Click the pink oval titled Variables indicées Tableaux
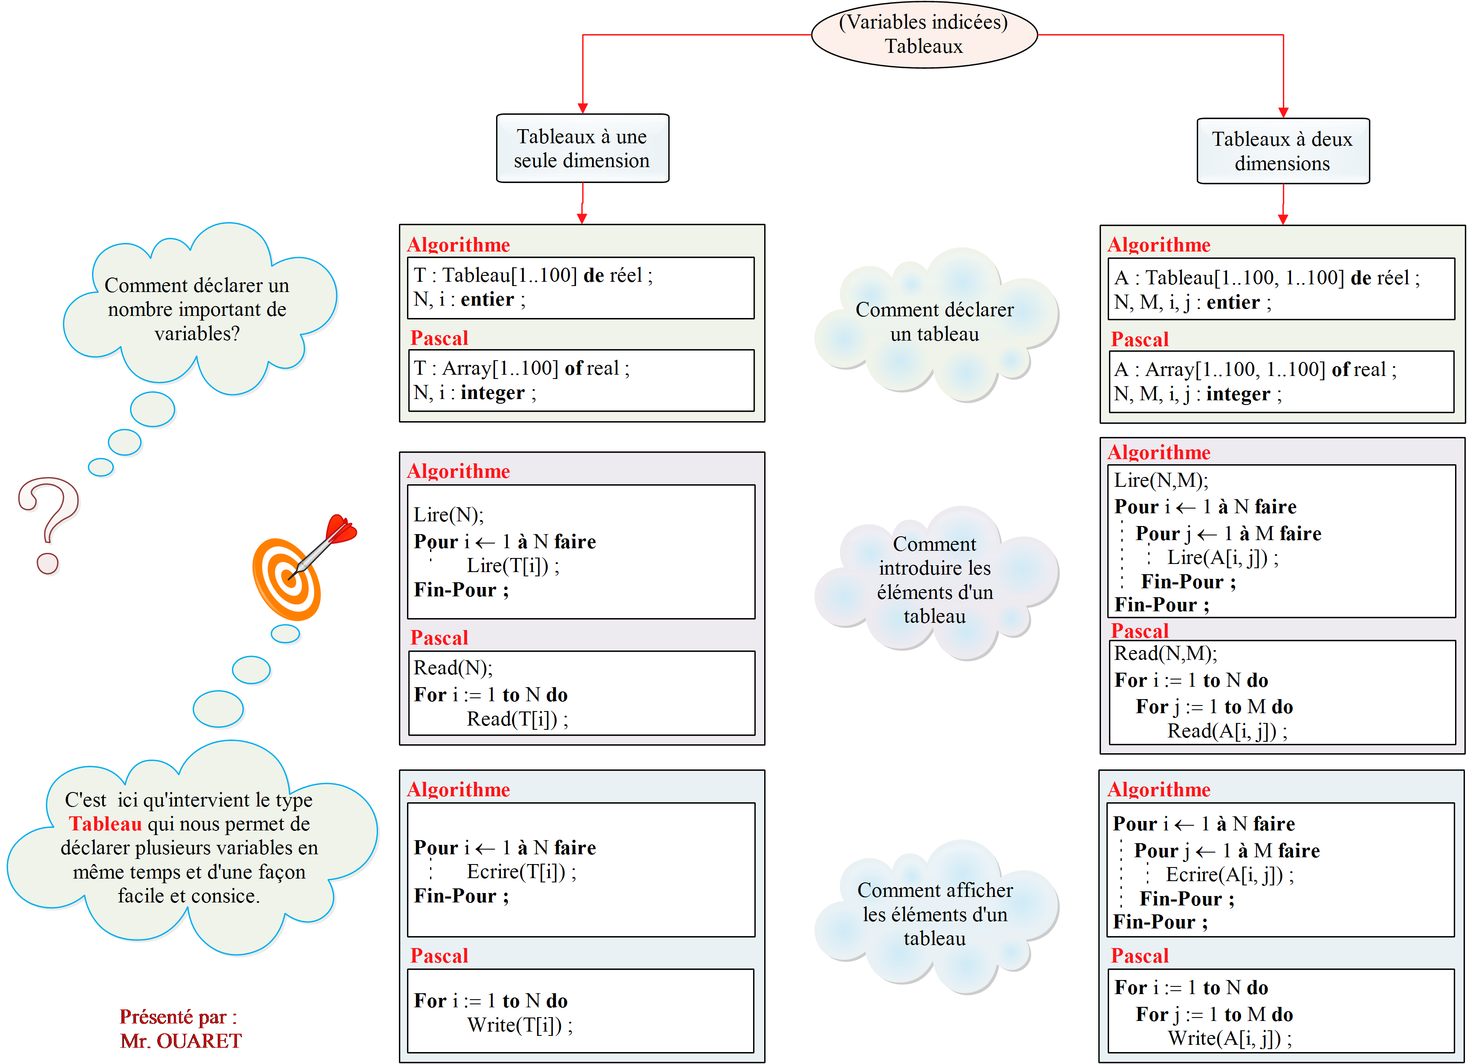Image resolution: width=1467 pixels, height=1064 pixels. [924, 34]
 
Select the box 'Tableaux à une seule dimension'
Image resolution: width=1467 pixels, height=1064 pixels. [582, 148]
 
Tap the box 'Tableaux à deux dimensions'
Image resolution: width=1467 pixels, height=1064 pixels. [1282, 151]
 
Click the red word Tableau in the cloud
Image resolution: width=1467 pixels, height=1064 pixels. [105, 824]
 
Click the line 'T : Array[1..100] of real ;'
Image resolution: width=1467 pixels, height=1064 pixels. [521, 368]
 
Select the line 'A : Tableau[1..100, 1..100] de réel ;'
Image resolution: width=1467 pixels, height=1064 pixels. [1267, 278]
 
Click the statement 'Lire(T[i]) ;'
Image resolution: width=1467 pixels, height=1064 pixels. [513, 566]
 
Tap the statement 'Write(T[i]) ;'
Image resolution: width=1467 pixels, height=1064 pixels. [520, 1025]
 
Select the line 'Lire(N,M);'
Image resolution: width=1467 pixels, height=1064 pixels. [1161, 480]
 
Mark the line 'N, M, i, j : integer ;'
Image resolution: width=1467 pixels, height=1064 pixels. [1197, 394]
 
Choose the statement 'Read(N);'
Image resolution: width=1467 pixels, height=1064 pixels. [453, 668]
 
